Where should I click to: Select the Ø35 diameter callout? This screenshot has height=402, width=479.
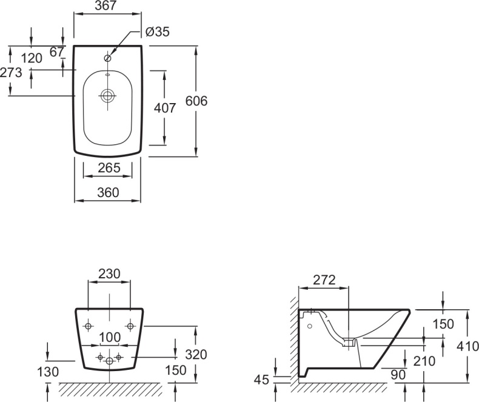158,32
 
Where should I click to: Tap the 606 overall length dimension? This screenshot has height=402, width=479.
196,101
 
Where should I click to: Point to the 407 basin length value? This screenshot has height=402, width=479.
165,108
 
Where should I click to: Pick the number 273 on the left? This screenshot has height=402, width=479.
10,73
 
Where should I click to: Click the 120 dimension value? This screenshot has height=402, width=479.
31,58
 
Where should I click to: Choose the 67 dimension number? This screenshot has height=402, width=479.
57,52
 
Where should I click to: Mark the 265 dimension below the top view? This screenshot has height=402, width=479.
109,167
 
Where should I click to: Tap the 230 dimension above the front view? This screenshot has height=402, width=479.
109,274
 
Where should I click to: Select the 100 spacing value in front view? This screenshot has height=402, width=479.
109,337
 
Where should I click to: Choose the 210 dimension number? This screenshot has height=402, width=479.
424,361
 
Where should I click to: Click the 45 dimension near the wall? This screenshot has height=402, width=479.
261,380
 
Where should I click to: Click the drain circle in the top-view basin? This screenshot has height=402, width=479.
108,95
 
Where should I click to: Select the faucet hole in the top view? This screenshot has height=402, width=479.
108,58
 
